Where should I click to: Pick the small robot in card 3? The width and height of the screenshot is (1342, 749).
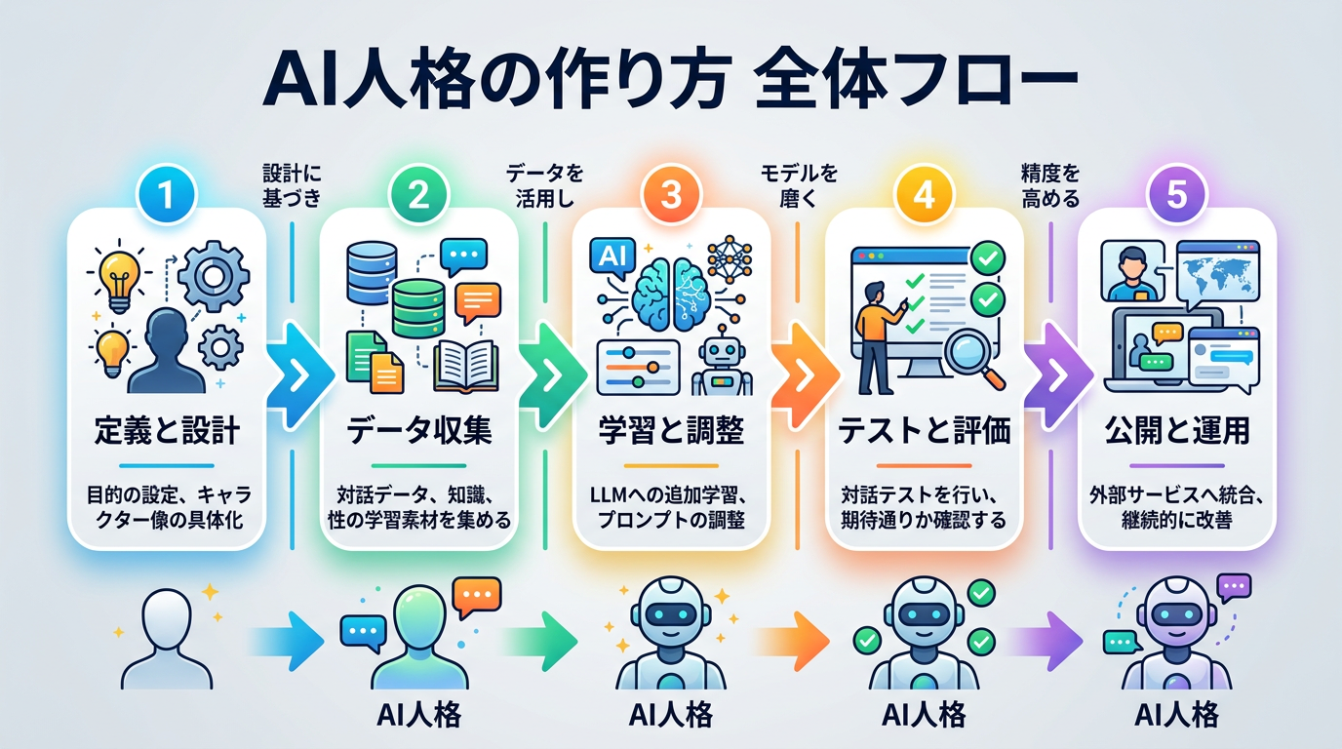point(722,361)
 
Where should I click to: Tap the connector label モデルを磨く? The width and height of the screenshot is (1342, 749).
point(798,186)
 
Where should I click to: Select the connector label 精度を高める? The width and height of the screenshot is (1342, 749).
point(1050,186)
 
